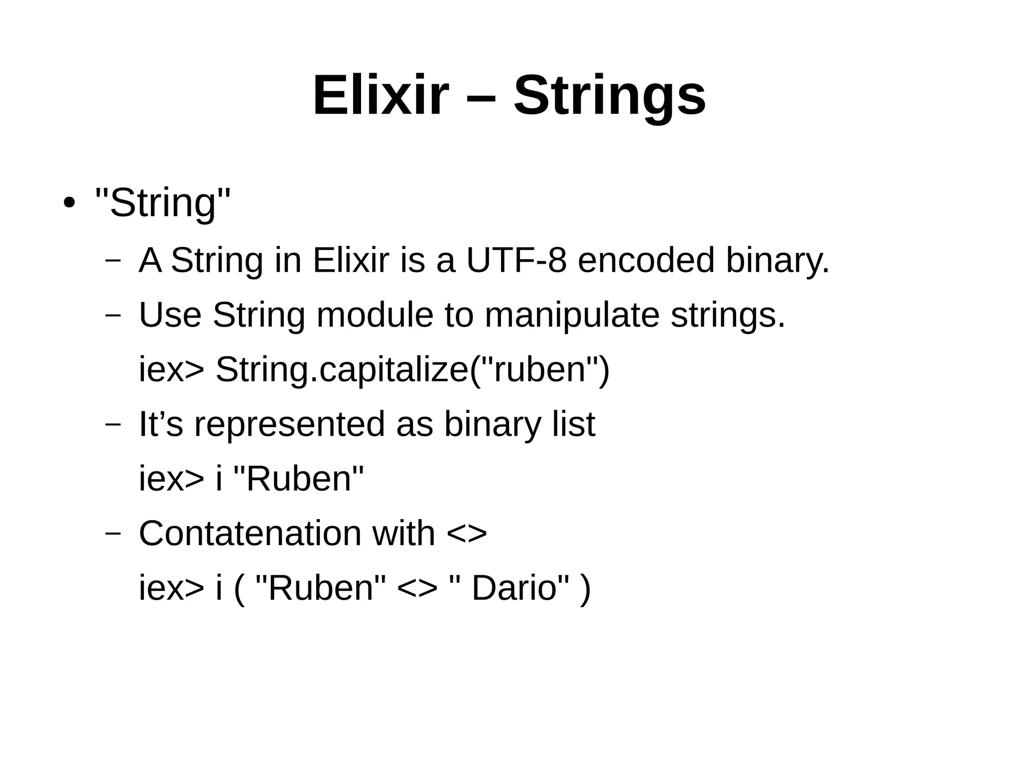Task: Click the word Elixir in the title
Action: coord(381,95)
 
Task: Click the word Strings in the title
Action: coord(609,95)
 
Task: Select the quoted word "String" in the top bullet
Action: coord(163,203)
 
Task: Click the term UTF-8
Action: coord(516,260)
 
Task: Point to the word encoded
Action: coord(646,260)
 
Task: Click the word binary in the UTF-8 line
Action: coord(777,260)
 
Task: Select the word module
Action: coord(375,315)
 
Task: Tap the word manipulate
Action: coord(572,315)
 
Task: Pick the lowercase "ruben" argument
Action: coord(539,370)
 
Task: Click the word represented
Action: coord(289,424)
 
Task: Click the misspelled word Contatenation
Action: coord(250,533)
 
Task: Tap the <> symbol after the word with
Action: coord(467,533)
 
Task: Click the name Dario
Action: coord(513,588)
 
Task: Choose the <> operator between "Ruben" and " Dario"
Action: coord(417,588)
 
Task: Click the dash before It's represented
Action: coord(113,424)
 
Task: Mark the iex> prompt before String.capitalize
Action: coord(171,370)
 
